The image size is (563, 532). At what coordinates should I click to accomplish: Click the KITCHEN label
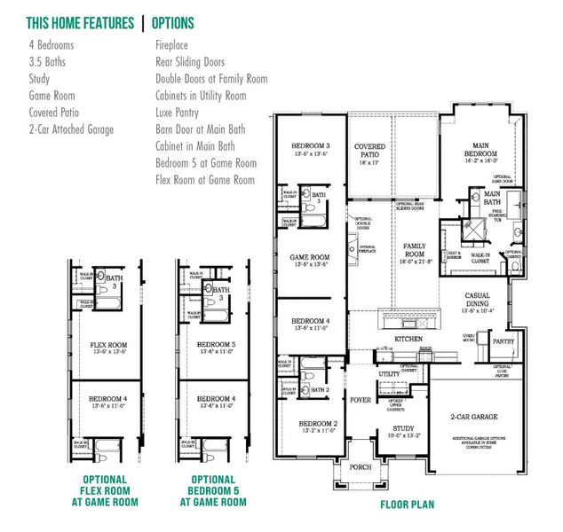point(408,340)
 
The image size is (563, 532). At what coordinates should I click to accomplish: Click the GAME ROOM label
point(311,259)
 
